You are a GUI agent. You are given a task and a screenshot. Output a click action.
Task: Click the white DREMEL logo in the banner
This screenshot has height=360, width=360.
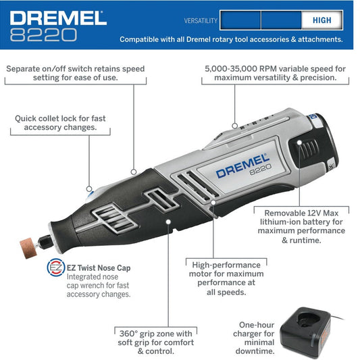pyautogui.click(x=58, y=18)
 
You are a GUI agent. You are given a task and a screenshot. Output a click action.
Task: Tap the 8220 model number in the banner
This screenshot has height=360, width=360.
pyautogui.click(x=43, y=35)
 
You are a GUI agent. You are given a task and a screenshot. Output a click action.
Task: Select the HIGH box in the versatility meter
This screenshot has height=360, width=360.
pyautogui.click(x=322, y=20)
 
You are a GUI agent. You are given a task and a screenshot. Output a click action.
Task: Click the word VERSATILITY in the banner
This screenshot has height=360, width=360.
pyautogui.click(x=201, y=21)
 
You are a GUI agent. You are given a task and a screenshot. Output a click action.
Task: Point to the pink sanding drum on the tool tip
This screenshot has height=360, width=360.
pyautogui.click(x=28, y=248)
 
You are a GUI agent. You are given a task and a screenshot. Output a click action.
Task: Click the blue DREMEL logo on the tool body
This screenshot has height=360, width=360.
pyautogui.click(x=242, y=166)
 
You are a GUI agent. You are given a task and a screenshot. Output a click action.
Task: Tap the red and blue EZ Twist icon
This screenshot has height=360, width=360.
pyautogui.click(x=56, y=267)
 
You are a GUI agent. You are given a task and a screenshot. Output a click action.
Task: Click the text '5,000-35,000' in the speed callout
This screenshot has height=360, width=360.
pyautogui.click(x=231, y=69)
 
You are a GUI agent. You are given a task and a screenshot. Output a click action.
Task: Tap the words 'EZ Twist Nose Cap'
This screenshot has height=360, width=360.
pyautogui.click(x=99, y=267)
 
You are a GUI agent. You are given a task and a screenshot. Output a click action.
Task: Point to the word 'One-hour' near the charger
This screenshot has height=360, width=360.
pyautogui.click(x=257, y=325)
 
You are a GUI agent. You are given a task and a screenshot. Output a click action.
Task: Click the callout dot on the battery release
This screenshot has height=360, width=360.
pyautogui.click(x=299, y=143)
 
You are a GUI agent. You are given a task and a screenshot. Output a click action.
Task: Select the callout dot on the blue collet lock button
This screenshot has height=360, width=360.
pyautogui.click(x=89, y=189)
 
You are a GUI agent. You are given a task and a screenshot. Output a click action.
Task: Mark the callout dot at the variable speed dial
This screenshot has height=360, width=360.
pyautogui.click(x=234, y=126)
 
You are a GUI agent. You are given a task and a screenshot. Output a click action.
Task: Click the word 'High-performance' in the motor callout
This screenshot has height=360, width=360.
pyautogui.click(x=226, y=265)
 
